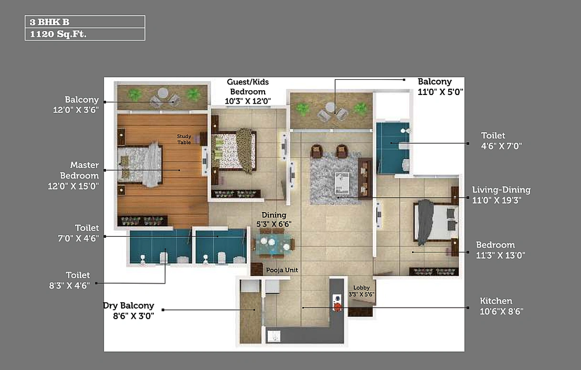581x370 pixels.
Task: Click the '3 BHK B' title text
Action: click(x=50, y=22)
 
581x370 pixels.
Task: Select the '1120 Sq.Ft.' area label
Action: click(x=58, y=34)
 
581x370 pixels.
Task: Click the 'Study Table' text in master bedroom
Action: click(x=184, y=139)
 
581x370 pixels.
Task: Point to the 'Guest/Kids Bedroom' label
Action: click(x=247, y=87)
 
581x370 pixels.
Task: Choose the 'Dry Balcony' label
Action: click(x=129, y=306)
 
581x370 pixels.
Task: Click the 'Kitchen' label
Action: click(x=496, y=301)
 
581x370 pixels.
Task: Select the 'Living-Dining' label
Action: click(x=501, y=190)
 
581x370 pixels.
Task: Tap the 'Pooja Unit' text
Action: click(x=282, y=270)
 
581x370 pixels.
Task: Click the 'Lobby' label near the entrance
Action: click(x=361, y=288)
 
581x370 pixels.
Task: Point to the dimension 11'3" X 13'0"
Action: click(x=501, y=255)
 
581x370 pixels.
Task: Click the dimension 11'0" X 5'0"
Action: click(x=441, y=92)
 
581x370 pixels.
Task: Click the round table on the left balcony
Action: click(x=163, y=93)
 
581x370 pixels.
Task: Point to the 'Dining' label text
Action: click(x=274, y=215)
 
